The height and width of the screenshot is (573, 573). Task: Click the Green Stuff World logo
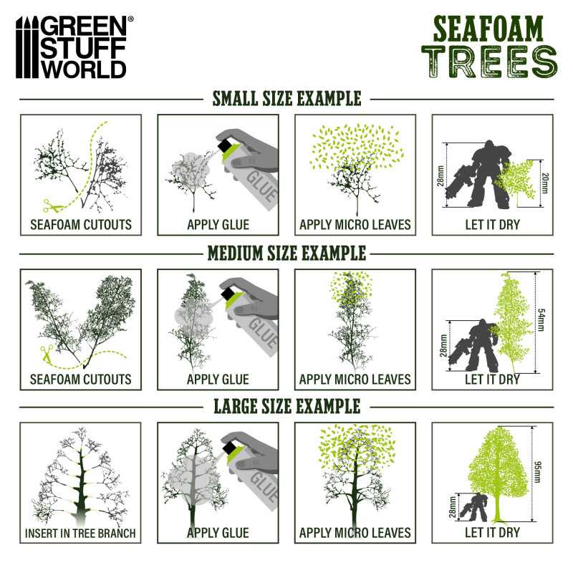[x=72, y=47]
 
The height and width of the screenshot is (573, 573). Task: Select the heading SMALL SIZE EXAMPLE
[x=286, y=99]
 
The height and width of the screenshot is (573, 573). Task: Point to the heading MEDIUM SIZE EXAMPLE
[x=286, y=253]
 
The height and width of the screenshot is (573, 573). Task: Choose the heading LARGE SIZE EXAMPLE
[x=286, y=407]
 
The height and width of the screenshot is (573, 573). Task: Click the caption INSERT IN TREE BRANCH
[x=80, y=533]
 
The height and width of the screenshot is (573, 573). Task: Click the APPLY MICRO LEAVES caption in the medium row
[x=355, y=379]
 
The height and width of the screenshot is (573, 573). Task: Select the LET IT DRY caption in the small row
[x=492, y=225]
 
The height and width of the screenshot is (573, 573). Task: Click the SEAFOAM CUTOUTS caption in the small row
[x=81, y=225]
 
